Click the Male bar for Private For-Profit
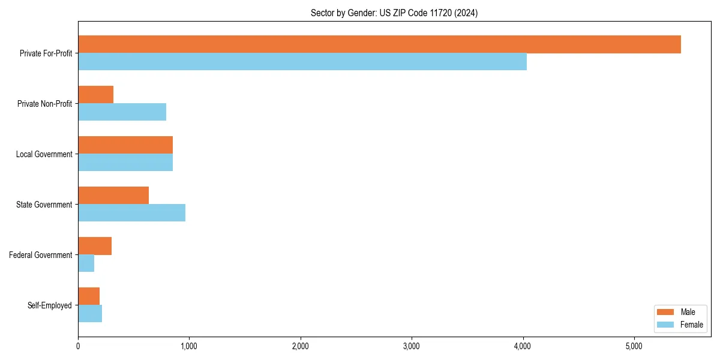pyautogui.click(x=379, y=44)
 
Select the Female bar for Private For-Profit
pyautogui.click(x=302, y=62)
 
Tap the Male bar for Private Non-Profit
pyautogui.click(x=96, y=95)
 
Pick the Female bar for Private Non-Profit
pyautogui.click(x=122, y=112)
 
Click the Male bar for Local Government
pyautogui.click(x=125, y=145)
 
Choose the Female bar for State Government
pyautogui.click(x=132, y=213)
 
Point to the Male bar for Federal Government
pyautogui.click(x=95, y=246)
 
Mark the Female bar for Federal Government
pyautogui.click(x=86, y=263)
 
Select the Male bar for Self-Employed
pyautogui.click(x=89, y=296)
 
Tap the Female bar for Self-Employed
pyautogui.click(x=90, y=314)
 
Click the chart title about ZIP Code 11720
pyautogui.click(x=394, y=13)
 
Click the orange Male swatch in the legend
pyautogui.click(x=665, y=312)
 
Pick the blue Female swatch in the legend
pyautogui.click(x=665, y=325)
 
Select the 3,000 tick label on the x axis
pyautogui.click(x=412, y=346)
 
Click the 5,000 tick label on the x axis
pyautogui.click(x=634, y=346)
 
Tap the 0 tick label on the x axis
pyautogui.click(x=78, y=346)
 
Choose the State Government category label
pyautogui.click(x=44, y=205)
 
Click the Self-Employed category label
pyautogui.click(x=50, y=305)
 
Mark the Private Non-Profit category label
pyautogui.click(x=45, y=104)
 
